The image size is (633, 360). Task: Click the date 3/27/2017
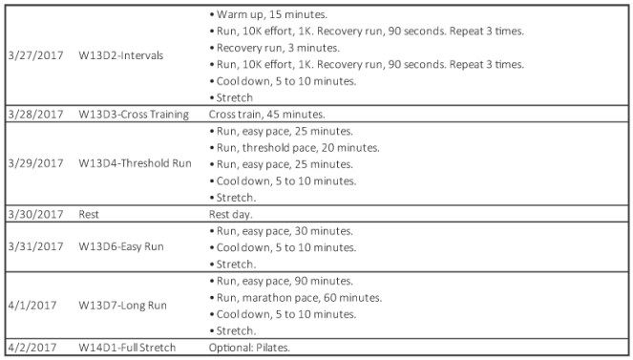(33, 55)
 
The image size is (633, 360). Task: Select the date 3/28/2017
(33, 114)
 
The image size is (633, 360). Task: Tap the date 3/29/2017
(33, 163)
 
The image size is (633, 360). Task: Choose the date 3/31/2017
(33, 246)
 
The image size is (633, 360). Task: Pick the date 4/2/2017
(30, 348)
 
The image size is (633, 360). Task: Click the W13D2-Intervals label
(121, 55)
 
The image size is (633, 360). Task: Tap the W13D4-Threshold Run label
(135, 163)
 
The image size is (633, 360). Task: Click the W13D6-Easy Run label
(121, 246)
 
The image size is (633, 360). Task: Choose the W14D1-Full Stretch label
(127, 348)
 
